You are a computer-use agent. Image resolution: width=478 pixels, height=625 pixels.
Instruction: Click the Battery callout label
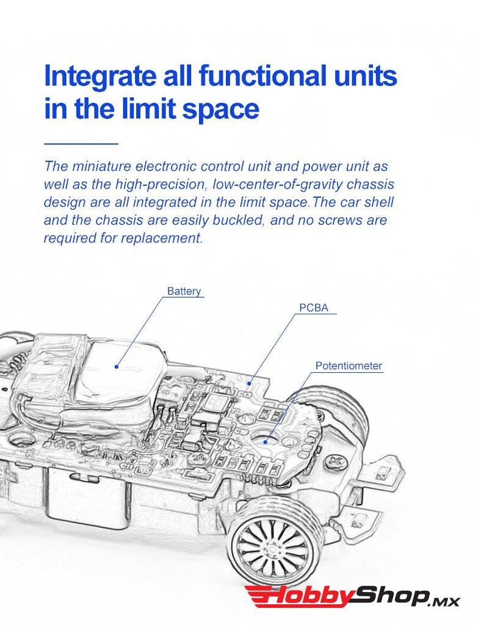coord(184,291)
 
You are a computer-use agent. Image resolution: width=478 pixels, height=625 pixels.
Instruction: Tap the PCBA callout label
coord(314,308)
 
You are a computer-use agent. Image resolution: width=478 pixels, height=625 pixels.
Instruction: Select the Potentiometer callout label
coord(349,366)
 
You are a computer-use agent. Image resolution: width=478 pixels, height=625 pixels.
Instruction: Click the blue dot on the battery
coord(117,366)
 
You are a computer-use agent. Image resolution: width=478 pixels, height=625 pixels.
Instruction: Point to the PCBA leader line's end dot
coord(249,383)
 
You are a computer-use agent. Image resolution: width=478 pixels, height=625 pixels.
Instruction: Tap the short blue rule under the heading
coord(81,143)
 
